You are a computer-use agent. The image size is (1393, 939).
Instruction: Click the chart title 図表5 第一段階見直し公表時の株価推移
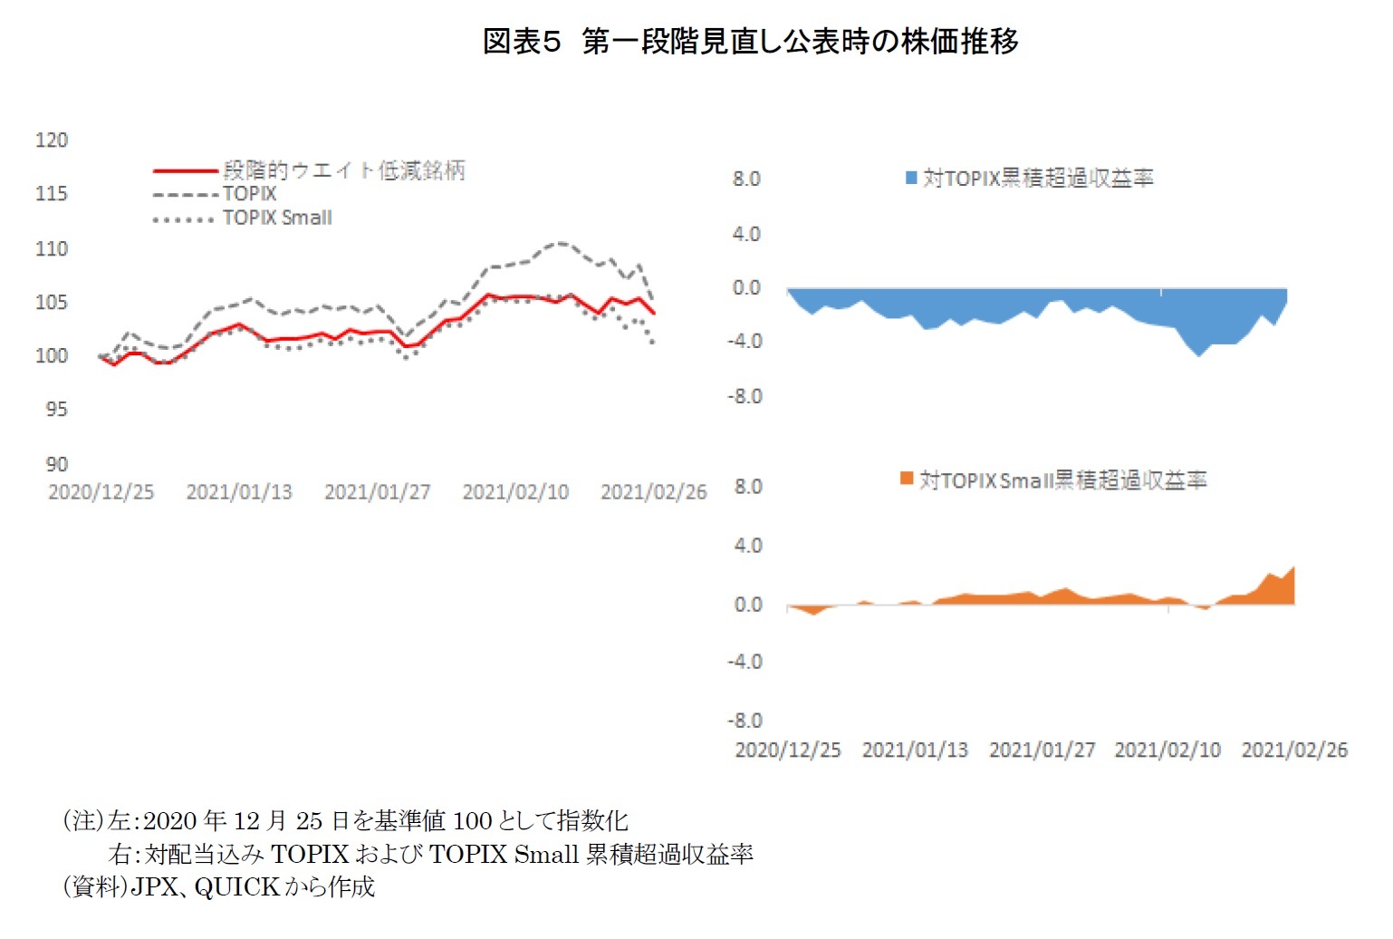(x=750, y=41)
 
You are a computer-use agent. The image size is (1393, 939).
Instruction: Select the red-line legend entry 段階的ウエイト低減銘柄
(x=343, y=169)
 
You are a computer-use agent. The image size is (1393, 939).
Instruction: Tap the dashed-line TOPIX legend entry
(x=249, y=194)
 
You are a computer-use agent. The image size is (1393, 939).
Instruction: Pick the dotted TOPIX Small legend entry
(x=277, y=218)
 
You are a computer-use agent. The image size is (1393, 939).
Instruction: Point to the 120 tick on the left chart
(x=52, y=140)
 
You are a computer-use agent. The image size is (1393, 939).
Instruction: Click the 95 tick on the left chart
(x=56, y=409)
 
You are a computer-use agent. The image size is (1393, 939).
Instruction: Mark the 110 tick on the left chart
(x=52, y=248)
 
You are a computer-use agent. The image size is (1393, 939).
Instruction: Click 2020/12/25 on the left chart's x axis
(x=101, y=491)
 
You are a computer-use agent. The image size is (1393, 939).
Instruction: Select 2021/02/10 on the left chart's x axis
(x=515, y=491)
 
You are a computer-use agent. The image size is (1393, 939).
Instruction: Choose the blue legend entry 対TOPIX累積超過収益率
(x=1038, y=179)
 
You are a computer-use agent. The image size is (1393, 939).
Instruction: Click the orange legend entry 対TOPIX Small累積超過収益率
(x=1062, y=480)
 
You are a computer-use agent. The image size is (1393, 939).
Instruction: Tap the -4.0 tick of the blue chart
(x=746, y=342)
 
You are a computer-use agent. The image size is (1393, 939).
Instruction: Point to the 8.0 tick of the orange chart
(x=748, y=487)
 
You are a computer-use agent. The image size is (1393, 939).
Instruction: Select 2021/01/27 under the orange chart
(x=1042, y=750)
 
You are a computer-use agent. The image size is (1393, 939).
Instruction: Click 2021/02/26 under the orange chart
(x=1294, y=750)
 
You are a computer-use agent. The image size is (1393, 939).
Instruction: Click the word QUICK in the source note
(x=236, y=886)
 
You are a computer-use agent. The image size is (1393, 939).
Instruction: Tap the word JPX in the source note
(x=154, y=886)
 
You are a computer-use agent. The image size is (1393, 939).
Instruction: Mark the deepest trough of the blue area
(x=1199, y=354)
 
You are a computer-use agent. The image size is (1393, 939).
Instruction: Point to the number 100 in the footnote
(x=472, y=821)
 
